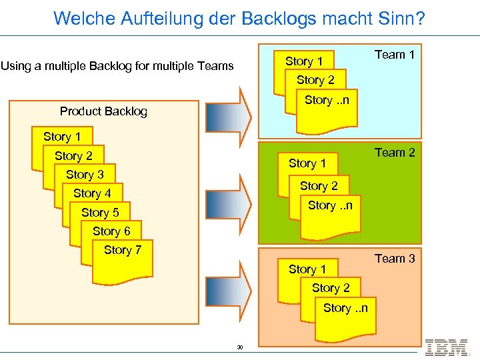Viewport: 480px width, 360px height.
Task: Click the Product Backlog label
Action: point(103,111)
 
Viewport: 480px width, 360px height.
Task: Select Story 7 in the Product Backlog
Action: point(123,250)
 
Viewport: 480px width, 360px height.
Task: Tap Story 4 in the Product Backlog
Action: point(92,193)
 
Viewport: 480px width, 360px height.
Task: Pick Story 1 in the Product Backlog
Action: point(62,137)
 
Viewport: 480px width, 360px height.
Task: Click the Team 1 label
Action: point(394,55)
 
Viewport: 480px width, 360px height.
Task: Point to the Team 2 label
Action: point(394,153)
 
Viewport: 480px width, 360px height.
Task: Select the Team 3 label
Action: point(394,259)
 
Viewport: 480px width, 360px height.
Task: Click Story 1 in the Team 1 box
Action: point(304,61)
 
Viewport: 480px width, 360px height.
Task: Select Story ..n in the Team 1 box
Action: point(327,101)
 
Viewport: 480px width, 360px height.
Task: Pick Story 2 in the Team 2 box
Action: point(319,187)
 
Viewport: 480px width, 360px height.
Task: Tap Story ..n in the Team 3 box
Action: point(345,308)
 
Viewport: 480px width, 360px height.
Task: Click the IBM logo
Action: point(446,347)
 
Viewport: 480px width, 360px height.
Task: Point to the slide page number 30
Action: point(240,347)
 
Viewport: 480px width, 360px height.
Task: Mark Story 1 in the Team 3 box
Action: point(307,269)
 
